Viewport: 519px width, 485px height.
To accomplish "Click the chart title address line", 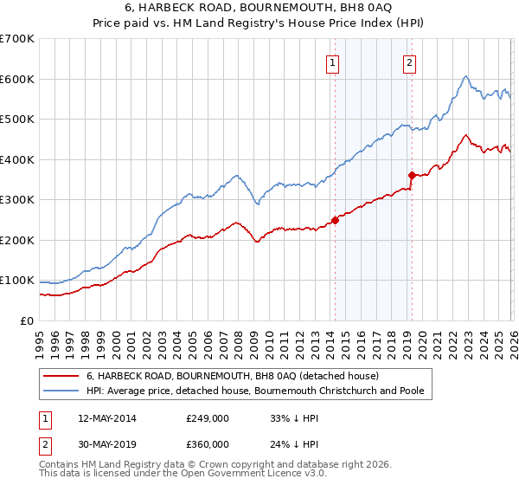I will coord(259,9).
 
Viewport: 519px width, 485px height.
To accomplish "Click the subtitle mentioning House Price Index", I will coord(259,23).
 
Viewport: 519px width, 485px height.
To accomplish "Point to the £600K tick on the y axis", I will coord(17,79).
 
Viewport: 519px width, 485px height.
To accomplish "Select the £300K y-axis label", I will coord(17,200).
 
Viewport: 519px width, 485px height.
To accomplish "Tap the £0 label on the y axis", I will coord(28,321).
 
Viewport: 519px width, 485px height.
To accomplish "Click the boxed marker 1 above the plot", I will coord(333,61).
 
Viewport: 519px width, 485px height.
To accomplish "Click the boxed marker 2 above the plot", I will coord(408,61).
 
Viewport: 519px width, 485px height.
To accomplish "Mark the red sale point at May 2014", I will coord(335,220).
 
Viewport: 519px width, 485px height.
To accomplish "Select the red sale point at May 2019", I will coord(412,175).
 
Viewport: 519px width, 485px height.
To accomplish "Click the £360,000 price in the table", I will coord(208,443).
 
